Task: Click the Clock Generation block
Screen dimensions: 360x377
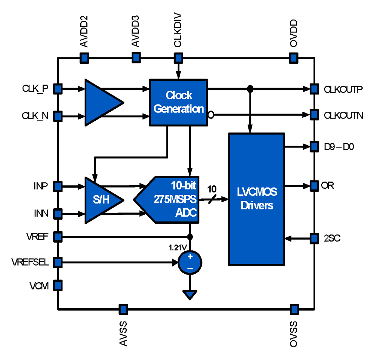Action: point(178,102)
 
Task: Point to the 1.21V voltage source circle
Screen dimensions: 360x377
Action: point(190,262)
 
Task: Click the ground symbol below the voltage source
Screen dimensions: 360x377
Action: point(190,294)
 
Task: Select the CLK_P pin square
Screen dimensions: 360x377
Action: point(57,89)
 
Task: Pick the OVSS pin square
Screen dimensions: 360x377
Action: point(294,309)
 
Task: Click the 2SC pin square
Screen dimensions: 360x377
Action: point(314,238)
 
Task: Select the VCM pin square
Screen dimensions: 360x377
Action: point(57,285)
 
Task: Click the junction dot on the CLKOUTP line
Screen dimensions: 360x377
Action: point(249,89)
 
